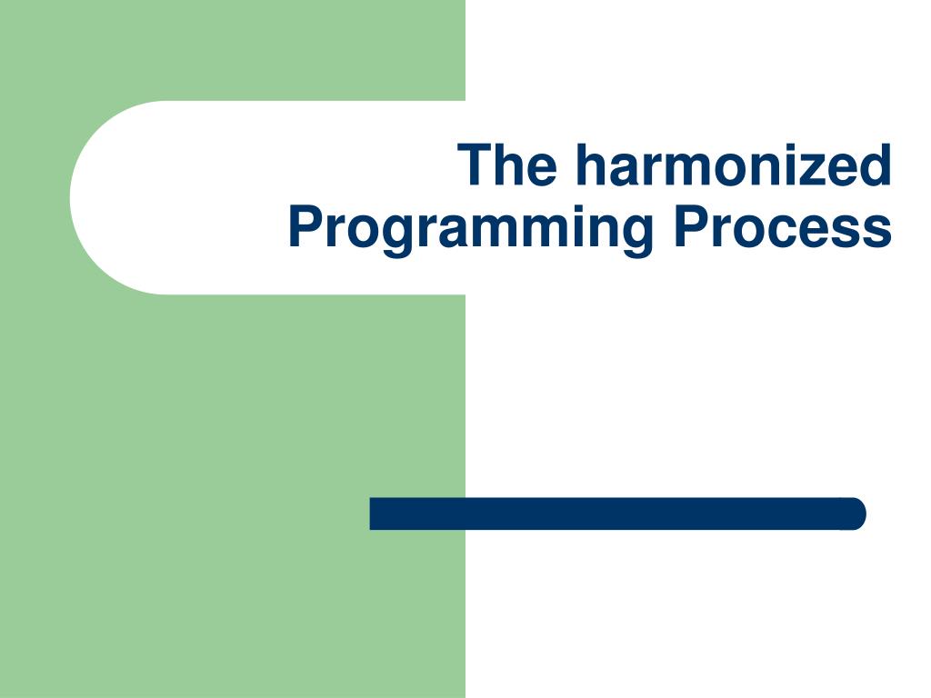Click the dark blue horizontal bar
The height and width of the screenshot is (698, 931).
click(618, 514)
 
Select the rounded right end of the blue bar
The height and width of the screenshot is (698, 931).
click(855, 514)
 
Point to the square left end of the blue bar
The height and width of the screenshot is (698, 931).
click(375, 514)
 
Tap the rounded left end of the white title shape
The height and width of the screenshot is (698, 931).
click(91, 197)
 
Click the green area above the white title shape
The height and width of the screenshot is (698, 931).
click(227, 50)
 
